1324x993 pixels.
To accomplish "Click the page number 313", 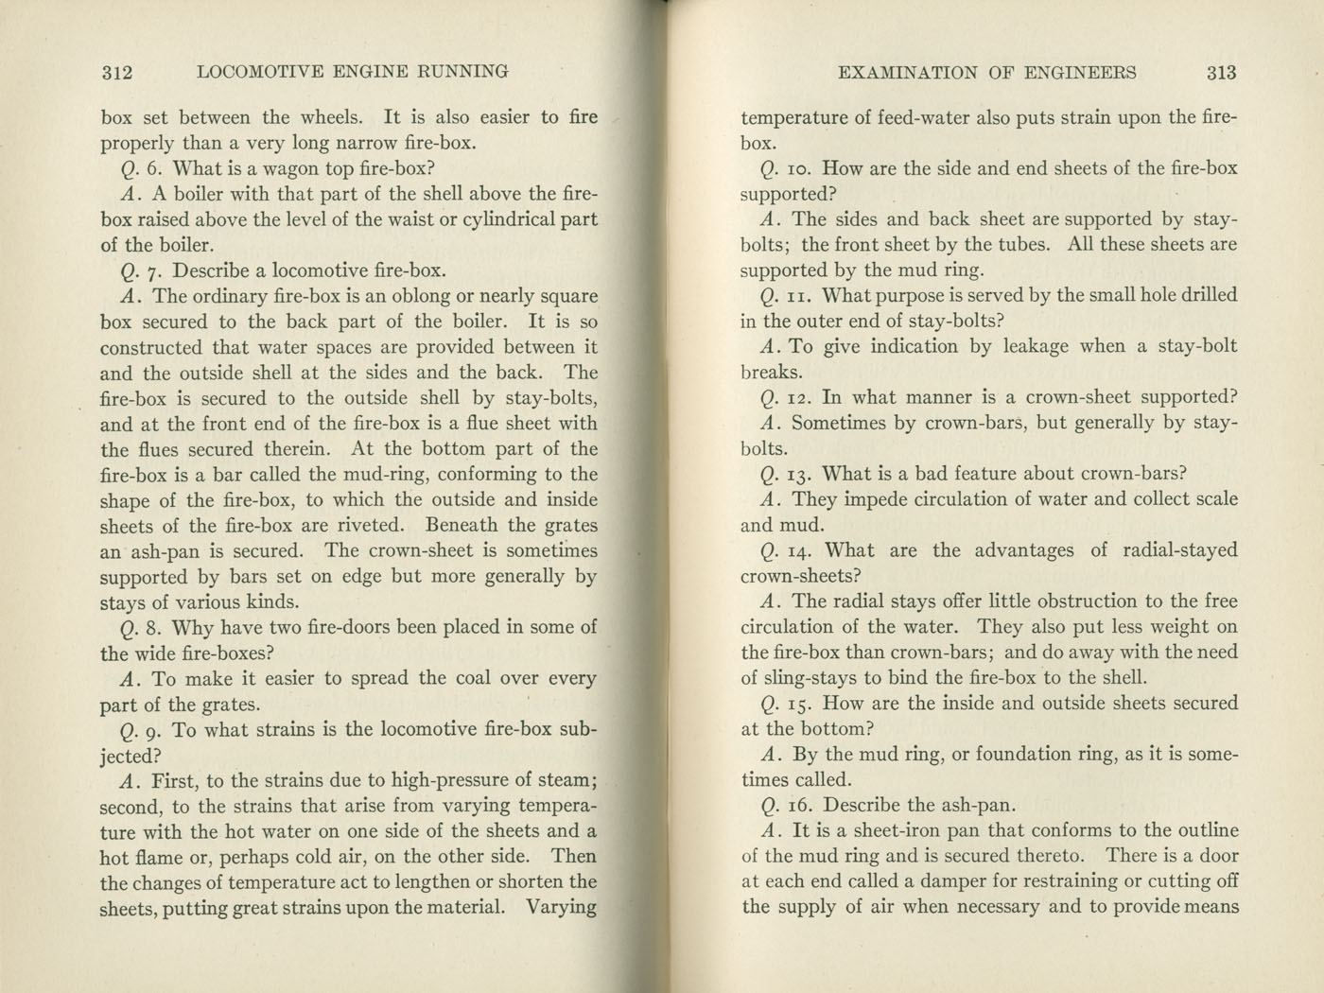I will coord(1221,73).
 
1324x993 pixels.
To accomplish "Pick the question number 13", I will coord(798,474).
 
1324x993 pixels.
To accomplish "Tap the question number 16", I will coord(799,806).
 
